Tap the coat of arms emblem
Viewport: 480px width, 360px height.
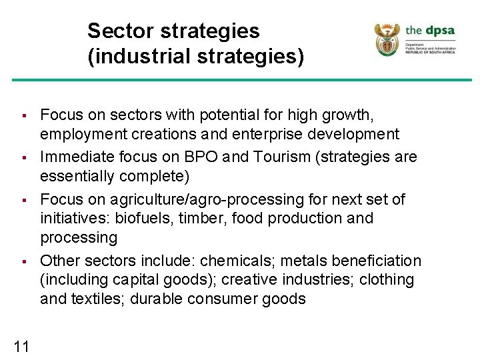point(387,40)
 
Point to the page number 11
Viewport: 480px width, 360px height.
point(21,345)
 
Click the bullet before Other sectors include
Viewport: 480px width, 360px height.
point(23,261)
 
